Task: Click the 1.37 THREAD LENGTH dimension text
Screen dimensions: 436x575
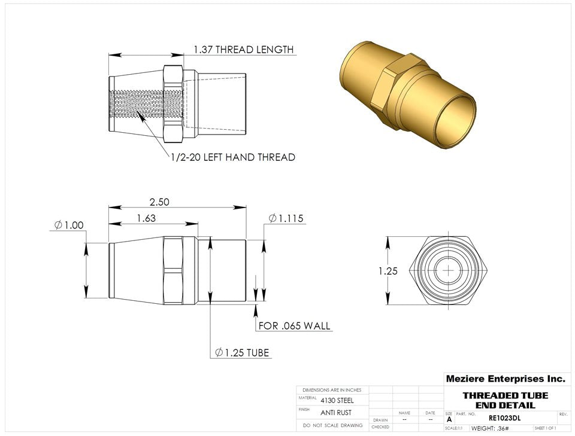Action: tap(243, 50)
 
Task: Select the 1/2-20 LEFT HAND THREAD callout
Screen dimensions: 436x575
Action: tap(232, 157)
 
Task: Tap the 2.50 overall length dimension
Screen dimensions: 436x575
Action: tap(159, 202)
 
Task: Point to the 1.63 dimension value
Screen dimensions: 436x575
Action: tap(146, 219)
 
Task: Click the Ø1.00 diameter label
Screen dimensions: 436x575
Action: tap(68, 225)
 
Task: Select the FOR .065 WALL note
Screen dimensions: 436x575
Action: tap(294, 326)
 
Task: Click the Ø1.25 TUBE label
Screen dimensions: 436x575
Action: tap(242, 353)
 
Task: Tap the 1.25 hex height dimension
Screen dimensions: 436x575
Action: tap(388, 271)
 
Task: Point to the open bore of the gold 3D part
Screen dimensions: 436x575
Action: tap(455, 120)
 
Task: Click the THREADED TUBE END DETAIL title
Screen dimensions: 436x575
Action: tap(505, 400)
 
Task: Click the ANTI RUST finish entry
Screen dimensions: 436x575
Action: tap(336, 413)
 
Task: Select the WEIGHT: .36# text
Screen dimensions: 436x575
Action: tap(490, 428)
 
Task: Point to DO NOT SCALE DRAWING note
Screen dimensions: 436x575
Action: tap(332, 425)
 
